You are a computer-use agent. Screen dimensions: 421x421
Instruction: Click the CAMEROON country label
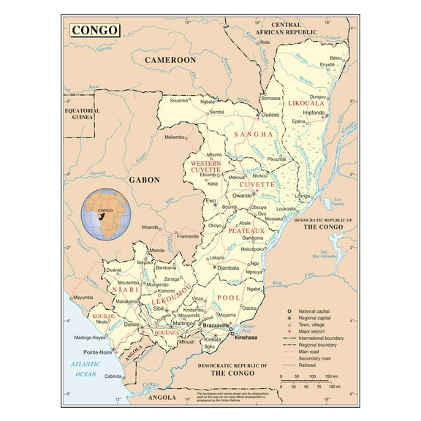point(170,59)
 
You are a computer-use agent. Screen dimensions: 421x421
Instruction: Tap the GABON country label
point(144,179)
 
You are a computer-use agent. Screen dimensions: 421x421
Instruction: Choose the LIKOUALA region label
point(306,103)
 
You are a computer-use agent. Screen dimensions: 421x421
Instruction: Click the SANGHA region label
point(253,134)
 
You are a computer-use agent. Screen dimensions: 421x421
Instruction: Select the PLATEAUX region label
point(245,231)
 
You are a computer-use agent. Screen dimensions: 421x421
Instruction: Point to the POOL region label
point(228,298)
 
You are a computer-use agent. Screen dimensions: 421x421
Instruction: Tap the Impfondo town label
point(313,113)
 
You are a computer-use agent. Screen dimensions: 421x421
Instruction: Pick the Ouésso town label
point(272,115)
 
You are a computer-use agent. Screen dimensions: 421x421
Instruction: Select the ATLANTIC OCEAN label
point(85,369)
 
